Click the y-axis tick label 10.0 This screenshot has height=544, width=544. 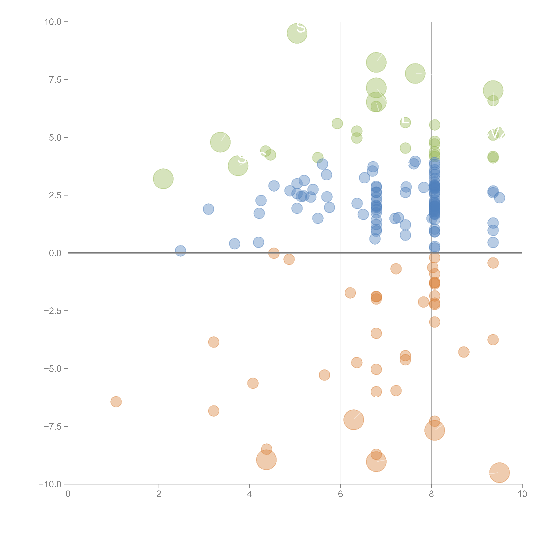(x=53, y=22)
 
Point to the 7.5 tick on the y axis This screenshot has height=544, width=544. (x=55, y=80)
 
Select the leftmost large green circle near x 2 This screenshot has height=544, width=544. (x=163, y=179)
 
